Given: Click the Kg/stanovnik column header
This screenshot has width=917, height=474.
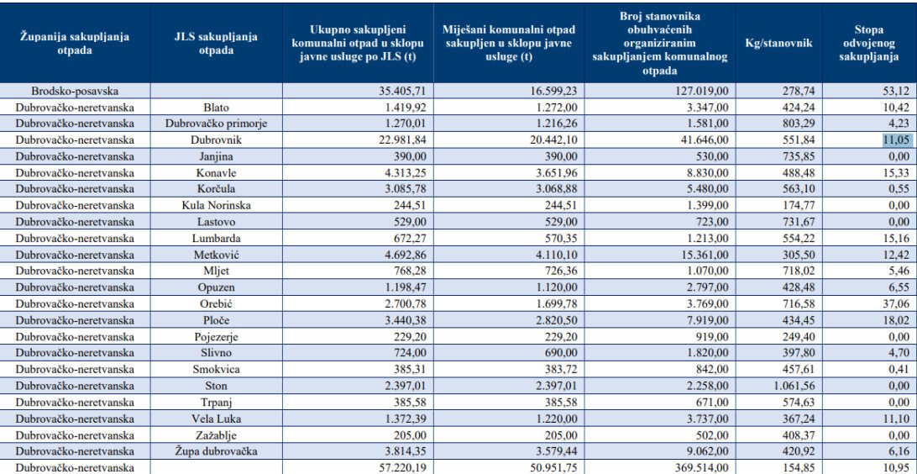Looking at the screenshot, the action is point(778,43).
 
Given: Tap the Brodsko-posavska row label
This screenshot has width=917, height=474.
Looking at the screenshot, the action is point(76,91).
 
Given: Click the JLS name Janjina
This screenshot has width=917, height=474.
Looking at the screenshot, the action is point(217,156).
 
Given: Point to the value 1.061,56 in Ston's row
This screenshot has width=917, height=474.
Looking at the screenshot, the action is point(791,386).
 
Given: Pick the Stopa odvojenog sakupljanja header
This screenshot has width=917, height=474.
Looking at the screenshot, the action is point(868,43).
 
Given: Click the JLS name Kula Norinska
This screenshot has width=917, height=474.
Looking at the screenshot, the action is point(217,205).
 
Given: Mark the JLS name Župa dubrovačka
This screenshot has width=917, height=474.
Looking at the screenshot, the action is point(217,451).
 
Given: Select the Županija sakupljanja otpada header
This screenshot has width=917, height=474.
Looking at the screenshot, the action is point(75,43).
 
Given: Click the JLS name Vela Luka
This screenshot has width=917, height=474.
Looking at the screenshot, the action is point(217,419).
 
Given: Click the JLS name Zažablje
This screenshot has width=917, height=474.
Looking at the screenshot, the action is point(217,434).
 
